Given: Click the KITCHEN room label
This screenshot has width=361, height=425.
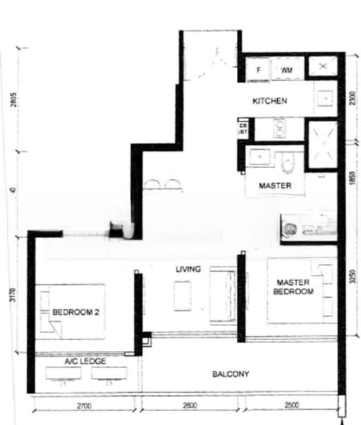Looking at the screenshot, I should point(270,101).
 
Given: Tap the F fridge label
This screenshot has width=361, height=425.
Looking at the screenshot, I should point(259,70).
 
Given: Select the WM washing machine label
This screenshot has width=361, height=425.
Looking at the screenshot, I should point(286,70).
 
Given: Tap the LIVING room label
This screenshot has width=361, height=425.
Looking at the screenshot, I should point(189,269).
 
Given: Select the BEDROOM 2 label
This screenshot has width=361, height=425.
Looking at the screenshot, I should point(75,312).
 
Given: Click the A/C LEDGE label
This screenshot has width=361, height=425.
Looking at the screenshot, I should point(85,361).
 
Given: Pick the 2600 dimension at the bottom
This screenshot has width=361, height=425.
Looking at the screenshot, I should point(190,406).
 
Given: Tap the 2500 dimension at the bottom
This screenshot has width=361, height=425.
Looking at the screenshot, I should point(292,406).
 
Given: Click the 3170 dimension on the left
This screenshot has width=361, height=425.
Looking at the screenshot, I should point(12,295).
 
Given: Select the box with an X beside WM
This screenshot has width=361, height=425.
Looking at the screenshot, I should point(323,67).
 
